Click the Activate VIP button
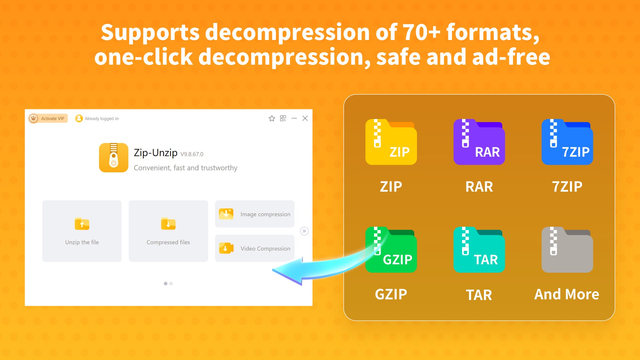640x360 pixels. coord(48,118)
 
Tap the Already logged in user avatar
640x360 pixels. coord(79,118)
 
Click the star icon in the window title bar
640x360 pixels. coord(272,118)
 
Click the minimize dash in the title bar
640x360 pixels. coord(294,118)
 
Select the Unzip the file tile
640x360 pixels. coord(82,231)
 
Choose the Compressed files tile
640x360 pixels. coord(168,231)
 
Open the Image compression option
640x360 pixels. coord(255,214)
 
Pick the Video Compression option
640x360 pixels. coord(255,248)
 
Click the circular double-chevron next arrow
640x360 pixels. coord(304,231)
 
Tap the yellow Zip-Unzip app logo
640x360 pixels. coord(113,158)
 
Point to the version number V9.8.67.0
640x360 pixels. coord(192,154)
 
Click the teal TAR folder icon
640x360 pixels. coord(479,250)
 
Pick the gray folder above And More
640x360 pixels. coord(567,250)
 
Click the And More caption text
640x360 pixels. coord(567,294)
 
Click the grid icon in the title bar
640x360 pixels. coord(283,118)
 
